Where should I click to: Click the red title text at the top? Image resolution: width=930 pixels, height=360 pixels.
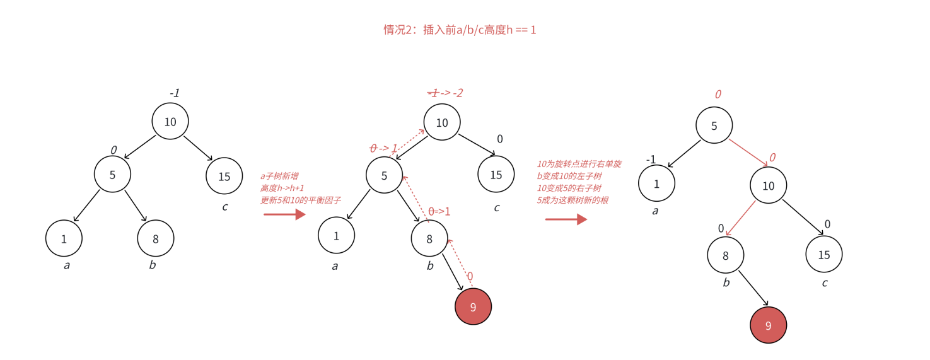[x=460, y=30]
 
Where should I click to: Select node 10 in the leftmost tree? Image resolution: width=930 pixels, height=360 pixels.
[x=170, y=122]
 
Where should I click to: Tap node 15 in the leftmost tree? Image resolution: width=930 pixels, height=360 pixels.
[x=224, y=177]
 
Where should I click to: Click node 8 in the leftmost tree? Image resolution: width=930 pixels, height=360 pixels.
[x=156, y=238]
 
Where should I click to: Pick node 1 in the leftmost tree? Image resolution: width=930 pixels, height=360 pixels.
[x=64, y=238]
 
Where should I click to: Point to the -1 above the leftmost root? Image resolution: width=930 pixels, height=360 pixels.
[x=175, y=93]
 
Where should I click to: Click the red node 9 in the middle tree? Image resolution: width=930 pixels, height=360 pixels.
[x=473, y=306]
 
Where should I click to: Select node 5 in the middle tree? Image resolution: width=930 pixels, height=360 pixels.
[x=384, y=175]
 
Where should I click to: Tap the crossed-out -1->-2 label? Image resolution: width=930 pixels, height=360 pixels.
[x=445, y=93]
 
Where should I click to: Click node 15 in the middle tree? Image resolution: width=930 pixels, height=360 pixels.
[x=496, y=174]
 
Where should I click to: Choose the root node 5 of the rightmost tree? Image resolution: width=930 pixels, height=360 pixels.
[x=714, y=125]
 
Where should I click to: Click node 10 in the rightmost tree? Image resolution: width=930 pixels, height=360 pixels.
[x=768, y=185]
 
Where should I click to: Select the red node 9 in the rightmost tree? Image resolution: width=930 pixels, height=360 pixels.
[x=768, y=325]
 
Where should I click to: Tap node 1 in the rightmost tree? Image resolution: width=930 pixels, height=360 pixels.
[x=656, y=184]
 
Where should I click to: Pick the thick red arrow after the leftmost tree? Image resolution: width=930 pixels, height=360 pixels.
[x=284, y=214]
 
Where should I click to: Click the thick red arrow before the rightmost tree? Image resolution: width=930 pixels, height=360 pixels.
[x=566, y=219]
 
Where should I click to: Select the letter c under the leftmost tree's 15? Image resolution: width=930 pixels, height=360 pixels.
[x=224, y=207]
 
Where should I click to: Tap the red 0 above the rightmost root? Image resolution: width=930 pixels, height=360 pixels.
[x=718, y=95]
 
